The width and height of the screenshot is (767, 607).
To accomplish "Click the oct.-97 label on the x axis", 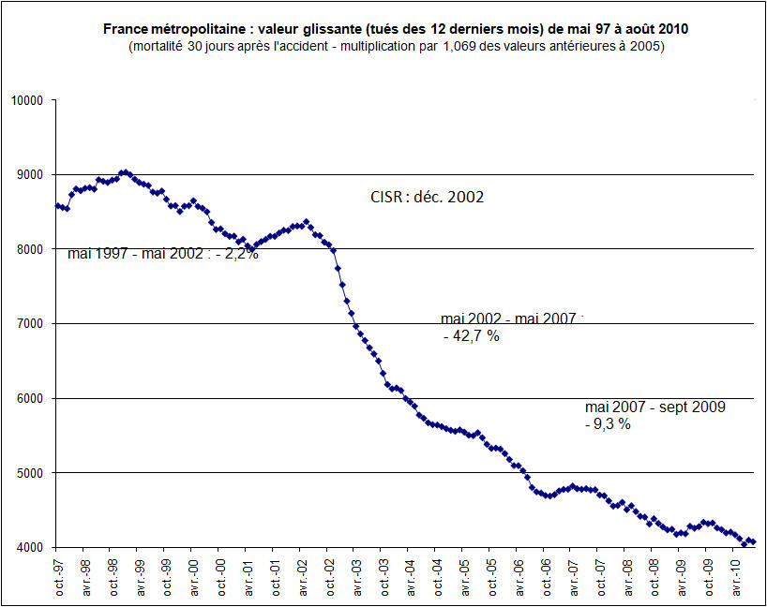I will point(58,578).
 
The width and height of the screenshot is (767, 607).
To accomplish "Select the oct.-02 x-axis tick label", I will point(329,578).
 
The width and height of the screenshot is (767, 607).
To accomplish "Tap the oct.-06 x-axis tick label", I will point(547,578).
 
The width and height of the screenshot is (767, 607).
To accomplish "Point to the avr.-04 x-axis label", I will point(411,578).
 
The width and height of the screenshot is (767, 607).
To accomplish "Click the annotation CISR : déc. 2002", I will point(428,198).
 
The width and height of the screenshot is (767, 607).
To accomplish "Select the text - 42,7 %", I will point(472,336).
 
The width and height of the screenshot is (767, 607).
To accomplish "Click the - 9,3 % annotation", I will point(608,423).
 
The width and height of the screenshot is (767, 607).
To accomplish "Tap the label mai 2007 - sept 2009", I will point(654,407).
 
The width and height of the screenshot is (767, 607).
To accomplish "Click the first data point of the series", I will point(56,205).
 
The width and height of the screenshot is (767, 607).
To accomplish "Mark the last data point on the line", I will point(753,542).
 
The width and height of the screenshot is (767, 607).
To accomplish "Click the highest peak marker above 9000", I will point(122,172).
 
